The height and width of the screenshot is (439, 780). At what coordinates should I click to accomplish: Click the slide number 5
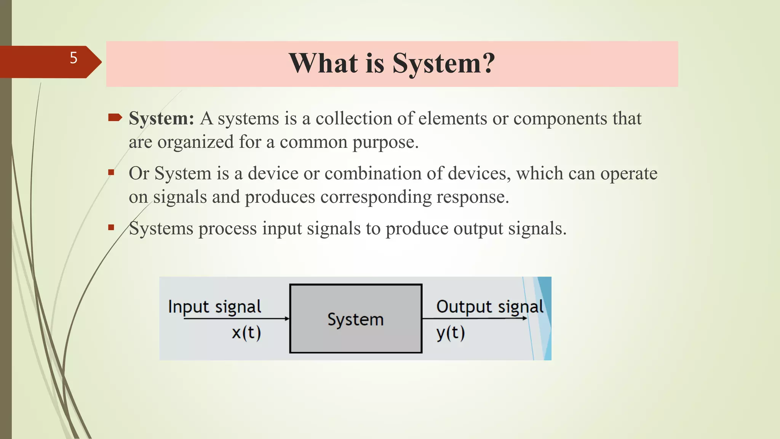(x=74, y=58)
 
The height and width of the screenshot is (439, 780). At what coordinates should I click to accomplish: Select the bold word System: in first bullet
(x=161, y=119)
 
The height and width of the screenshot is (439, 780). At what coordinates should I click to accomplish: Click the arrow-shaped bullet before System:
(x=115, y=117)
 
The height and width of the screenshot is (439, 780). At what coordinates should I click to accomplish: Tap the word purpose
(x=385, y=143)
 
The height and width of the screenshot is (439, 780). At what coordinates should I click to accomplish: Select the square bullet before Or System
(x=111, y=173)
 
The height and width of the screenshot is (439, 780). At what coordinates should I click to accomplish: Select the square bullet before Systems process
(x=111, y=228)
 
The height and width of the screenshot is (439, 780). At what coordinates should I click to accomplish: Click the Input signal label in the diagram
(x=214, y=307)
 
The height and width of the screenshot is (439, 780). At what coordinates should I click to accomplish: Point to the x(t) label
(x=246, y=333)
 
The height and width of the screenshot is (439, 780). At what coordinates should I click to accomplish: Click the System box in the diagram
(x=355, y=319)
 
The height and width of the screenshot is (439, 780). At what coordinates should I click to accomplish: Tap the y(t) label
(x=451, y=333)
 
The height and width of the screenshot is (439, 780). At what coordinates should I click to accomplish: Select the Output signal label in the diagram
(x=489, y=307)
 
